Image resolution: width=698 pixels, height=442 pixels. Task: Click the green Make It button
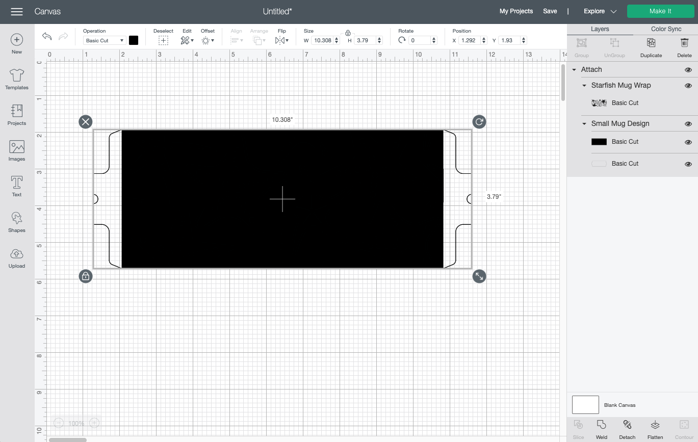point(660,11)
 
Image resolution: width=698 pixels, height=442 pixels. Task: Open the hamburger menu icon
point(17,12)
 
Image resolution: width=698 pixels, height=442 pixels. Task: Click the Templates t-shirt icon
point(17,75)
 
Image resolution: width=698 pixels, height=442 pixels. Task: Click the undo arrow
point(47,36)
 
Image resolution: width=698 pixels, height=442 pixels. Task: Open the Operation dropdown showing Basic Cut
point(105,40)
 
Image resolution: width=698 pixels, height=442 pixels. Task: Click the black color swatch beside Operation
point(134,40)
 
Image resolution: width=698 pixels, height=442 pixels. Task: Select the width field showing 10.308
point(323,40)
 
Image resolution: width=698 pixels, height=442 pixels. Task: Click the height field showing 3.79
point(365,40)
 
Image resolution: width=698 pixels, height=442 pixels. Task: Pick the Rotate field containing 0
point(420,40)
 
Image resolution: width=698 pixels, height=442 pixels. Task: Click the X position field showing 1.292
point(469,40)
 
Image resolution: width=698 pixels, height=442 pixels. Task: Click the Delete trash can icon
point(684,43)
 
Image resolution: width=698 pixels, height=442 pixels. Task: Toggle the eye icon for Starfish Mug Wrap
point(688,86)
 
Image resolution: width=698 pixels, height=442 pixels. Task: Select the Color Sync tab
point(666,29)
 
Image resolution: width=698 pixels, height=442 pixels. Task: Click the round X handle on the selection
point(86,122)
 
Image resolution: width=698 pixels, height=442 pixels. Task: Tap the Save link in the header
point(550,11)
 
